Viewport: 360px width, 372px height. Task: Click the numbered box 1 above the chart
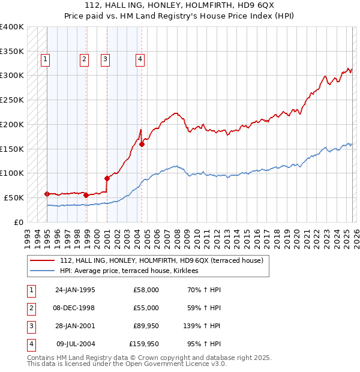pyautogui.click(x=46, y=59)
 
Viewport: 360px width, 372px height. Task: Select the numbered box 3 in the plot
pyautogui.click(x=105, y=59)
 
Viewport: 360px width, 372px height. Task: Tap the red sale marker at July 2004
pyautogui.click(x=142, y=144)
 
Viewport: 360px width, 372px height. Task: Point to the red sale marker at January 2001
pyautogui.click(x=107, y=178)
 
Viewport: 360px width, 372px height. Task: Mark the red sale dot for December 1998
pyautogui.click(x=86, y=195)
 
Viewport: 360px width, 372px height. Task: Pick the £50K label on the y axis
pyautogui.click(x=14, y=197)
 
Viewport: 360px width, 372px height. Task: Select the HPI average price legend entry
pyautogui.click(x=133, y=271)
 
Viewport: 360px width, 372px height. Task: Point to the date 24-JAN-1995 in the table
pyautogui.click(x=75, y=290)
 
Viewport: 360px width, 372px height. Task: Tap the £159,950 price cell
pyautogui.click(x=144, y=344)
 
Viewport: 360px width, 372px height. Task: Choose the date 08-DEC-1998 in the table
pyautogui.click(x=75, y=308)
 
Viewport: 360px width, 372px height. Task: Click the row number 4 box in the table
pyautogui.click(x=31, y=344)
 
